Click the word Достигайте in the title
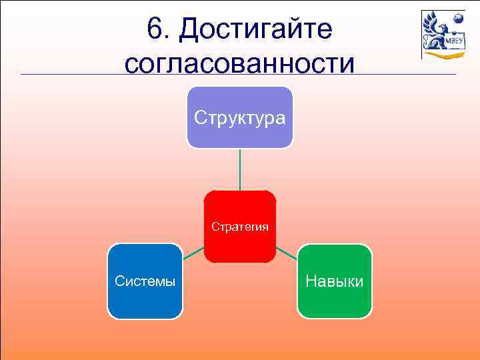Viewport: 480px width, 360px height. coord(256,29)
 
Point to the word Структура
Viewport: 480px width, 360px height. coord(239,118)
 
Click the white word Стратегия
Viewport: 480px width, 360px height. coord(240,227)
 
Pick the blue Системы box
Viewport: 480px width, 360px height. coord(145,300)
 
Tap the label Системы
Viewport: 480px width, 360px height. coord(145,281)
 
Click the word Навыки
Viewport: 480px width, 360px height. coord(335,281)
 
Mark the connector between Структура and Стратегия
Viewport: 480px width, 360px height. coord(240,169)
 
